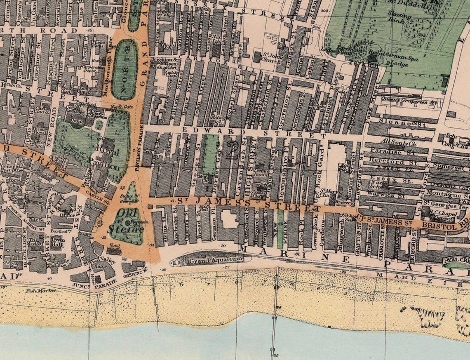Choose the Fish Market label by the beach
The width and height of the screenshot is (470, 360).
click(36, 291)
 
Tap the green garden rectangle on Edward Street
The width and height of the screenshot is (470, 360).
click(211, 154)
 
